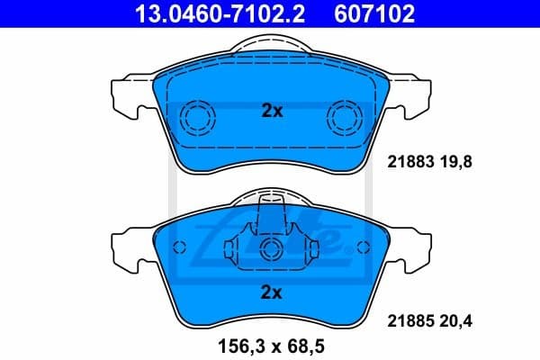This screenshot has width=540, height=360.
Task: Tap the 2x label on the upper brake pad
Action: pyautogui.click(x=272, y=112)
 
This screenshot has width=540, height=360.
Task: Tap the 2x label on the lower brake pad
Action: pyautogui.click(x=272, y=292)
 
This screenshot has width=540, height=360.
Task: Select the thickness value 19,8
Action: pyautogui.click(x=455, y=163)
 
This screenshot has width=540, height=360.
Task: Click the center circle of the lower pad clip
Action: pyautogui.click(x=271, y=249)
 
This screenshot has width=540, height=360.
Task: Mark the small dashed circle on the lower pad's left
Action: pyautogui.click(x=179, y=247)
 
